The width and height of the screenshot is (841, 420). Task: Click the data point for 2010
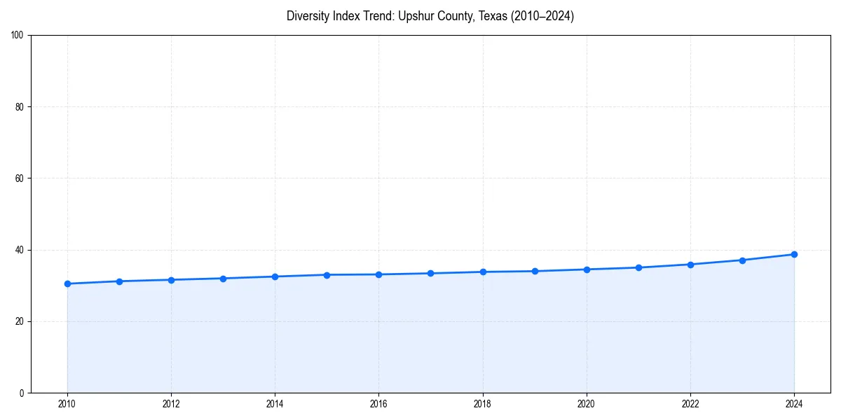click(x=67, y=283)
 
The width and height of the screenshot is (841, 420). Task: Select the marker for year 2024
click(x=794, y=254)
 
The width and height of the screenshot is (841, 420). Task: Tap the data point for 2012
click(x=171, y=280)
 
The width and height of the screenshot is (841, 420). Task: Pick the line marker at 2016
click(x=378, y=274)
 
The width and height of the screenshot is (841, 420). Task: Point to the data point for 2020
click(x=587, y=269)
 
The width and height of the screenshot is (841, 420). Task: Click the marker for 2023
click(x=742, y=260)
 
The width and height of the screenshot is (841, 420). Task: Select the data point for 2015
click(x=327, y=274)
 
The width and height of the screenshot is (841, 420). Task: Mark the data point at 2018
click(x=483, y=272)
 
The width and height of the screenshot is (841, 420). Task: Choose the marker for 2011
click(x=119, y=281)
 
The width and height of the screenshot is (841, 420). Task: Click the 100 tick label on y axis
click(x=18, y=36)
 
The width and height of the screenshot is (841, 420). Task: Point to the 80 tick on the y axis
click(x=20, y=107)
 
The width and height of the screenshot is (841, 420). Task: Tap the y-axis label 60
click(x=20, y=178)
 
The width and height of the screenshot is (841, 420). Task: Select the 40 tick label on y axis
click(x=20, y=250)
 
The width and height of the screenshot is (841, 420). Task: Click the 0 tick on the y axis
click(x=22, y=393)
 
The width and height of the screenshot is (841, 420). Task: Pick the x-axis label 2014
click(x=275, y=404)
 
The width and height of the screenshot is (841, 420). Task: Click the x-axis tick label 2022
click(x=690, y=404)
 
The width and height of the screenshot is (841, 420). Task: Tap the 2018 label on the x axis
click(x=483, y=404)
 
